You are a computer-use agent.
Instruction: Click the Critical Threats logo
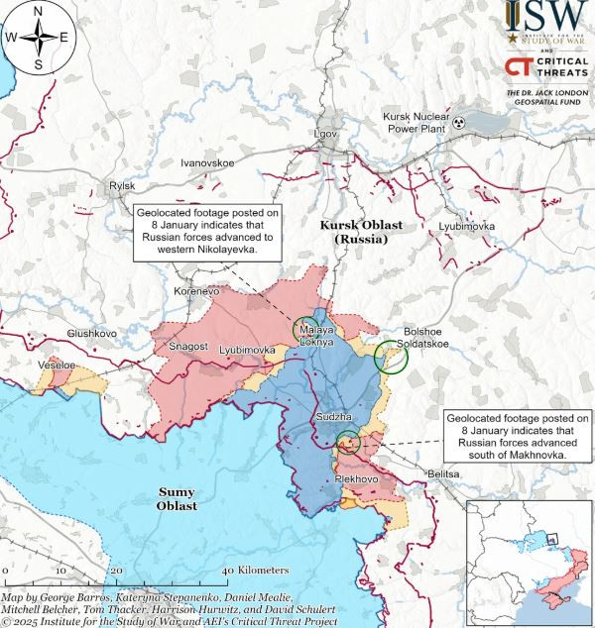pyautogui.click(x=544, y=67)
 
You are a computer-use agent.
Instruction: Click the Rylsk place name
pyautogui.click(x=121, y=185)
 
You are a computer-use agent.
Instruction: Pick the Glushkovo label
pyautogui.click(x=92, y=334)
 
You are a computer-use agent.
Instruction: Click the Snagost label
pyautogui.click(x=188, y=347)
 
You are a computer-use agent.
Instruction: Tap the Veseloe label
pyautogui.click(x=56, y=366)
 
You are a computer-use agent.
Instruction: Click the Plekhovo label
pyautogui.click(x=357, y=479)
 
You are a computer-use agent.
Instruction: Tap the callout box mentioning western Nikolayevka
pyautogui.click(x=205, y=232)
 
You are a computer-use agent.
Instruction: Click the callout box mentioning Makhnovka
pyautogui.click(x=517, y=436)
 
